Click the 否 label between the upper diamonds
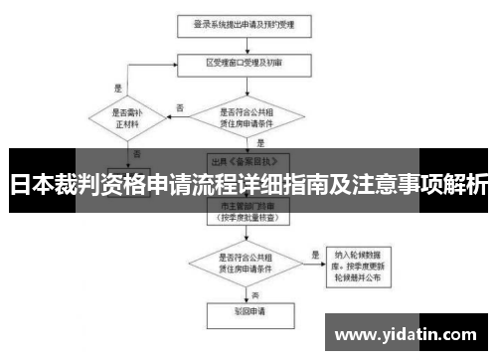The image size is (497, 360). (x=179, y=106)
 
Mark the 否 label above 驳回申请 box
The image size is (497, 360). (x=254, y=295)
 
